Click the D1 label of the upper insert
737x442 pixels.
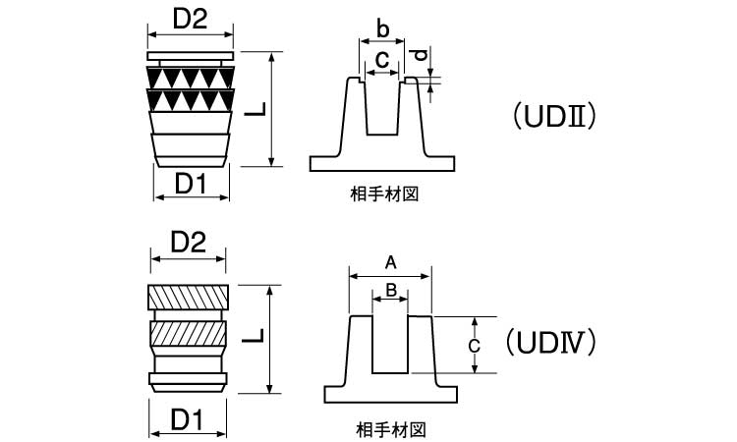pos(191,184)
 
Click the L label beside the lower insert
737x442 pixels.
pos(255,336)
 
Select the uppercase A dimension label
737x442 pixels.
pos(390,261)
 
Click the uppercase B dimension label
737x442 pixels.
pos(390,290)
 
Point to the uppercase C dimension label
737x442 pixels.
pos(474,346)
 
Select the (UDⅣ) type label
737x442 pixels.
pos(551,342)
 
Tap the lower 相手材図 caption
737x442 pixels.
pos(391,429)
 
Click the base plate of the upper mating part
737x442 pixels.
pos(383,163)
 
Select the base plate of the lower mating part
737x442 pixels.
pos(391,395)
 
